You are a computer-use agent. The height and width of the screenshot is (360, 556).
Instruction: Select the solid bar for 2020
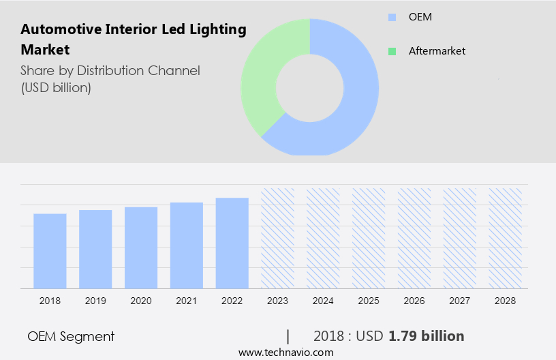tap(141, 247)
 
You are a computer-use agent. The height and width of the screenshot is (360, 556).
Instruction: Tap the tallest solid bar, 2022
tap(232, 242)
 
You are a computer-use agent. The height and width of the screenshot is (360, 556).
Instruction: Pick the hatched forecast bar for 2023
tap(278, 237)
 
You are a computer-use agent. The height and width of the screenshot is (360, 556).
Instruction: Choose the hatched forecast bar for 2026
tap(414, 237)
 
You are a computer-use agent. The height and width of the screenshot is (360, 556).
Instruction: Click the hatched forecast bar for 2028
tap(506, 237)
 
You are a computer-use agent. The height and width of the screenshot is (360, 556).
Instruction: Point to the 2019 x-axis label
tap(95, 300)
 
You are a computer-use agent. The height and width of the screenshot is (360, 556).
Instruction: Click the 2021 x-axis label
tap(187, 300)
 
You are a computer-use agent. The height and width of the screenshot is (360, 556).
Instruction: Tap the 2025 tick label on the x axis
tap(369, 300)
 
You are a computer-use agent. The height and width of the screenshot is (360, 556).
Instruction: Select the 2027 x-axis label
tap(460, 300)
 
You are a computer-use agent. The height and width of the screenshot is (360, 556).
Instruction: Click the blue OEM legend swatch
tap(392, 17)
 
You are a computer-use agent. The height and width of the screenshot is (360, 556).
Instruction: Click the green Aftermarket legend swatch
tap(392, 51)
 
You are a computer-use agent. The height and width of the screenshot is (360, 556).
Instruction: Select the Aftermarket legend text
tap(437, 51)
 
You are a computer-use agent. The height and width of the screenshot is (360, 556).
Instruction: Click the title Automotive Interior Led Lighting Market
tap(133, 39)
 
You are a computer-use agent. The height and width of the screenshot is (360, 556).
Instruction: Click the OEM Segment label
tap(71, 336)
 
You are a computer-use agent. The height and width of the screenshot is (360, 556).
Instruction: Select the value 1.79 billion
tap(426, 336)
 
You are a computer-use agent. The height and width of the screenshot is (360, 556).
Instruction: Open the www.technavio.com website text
tap(285, 352)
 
